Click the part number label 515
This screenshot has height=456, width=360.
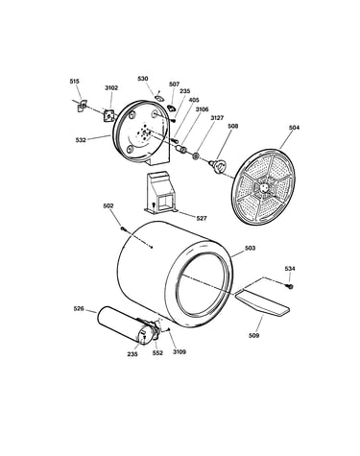(x=74, y=82)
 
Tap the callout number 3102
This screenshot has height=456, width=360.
(x=111, y=87)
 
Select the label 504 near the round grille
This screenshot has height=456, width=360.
(x=294, y=128)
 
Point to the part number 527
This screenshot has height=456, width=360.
(x=202, y=218)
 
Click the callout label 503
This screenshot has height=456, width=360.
(x=250, y=248)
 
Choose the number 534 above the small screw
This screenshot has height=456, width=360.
(x=290, y=269)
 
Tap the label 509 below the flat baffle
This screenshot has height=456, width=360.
(x=253, y=335)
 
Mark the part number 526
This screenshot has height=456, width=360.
(x=79, y=309)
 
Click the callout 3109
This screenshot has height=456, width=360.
(x=180, y=351)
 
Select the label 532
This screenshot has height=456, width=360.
(x=81, y=140)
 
